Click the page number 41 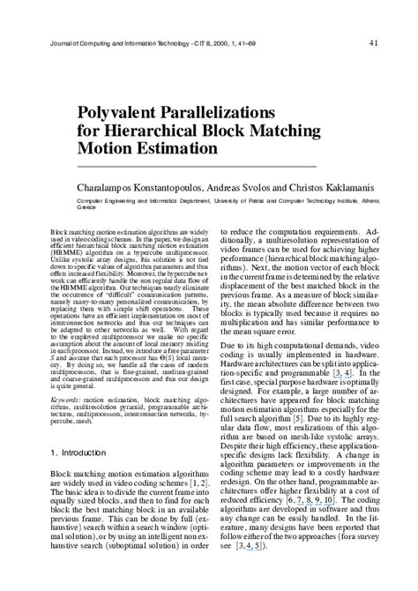375,41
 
